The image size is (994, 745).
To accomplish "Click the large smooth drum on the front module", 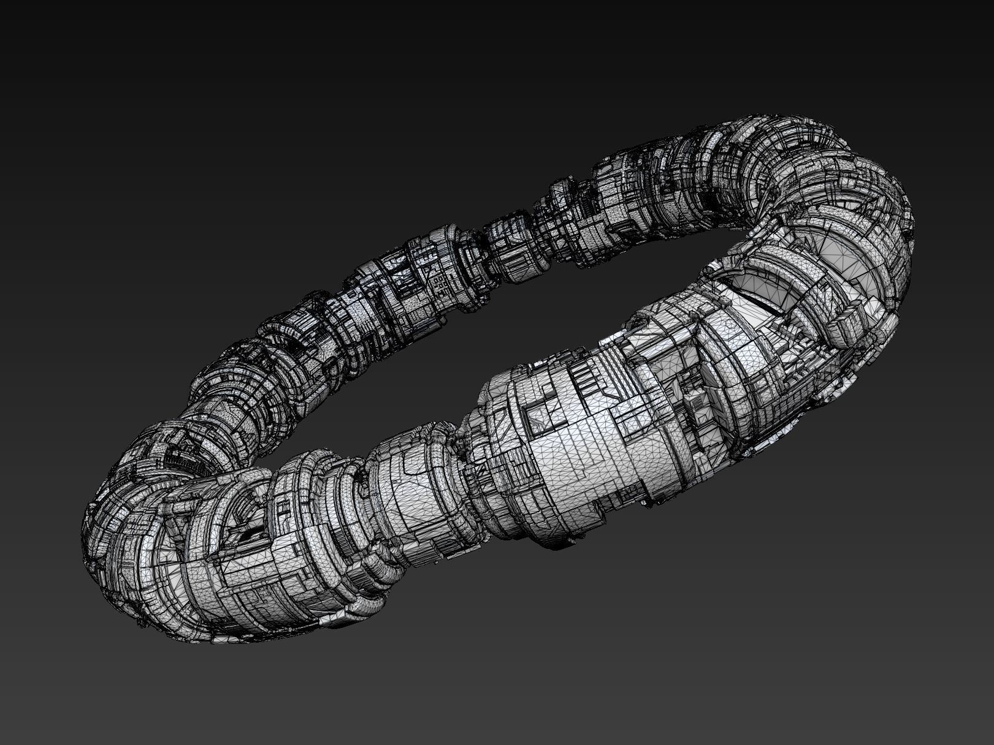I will (x=589, y=466).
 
